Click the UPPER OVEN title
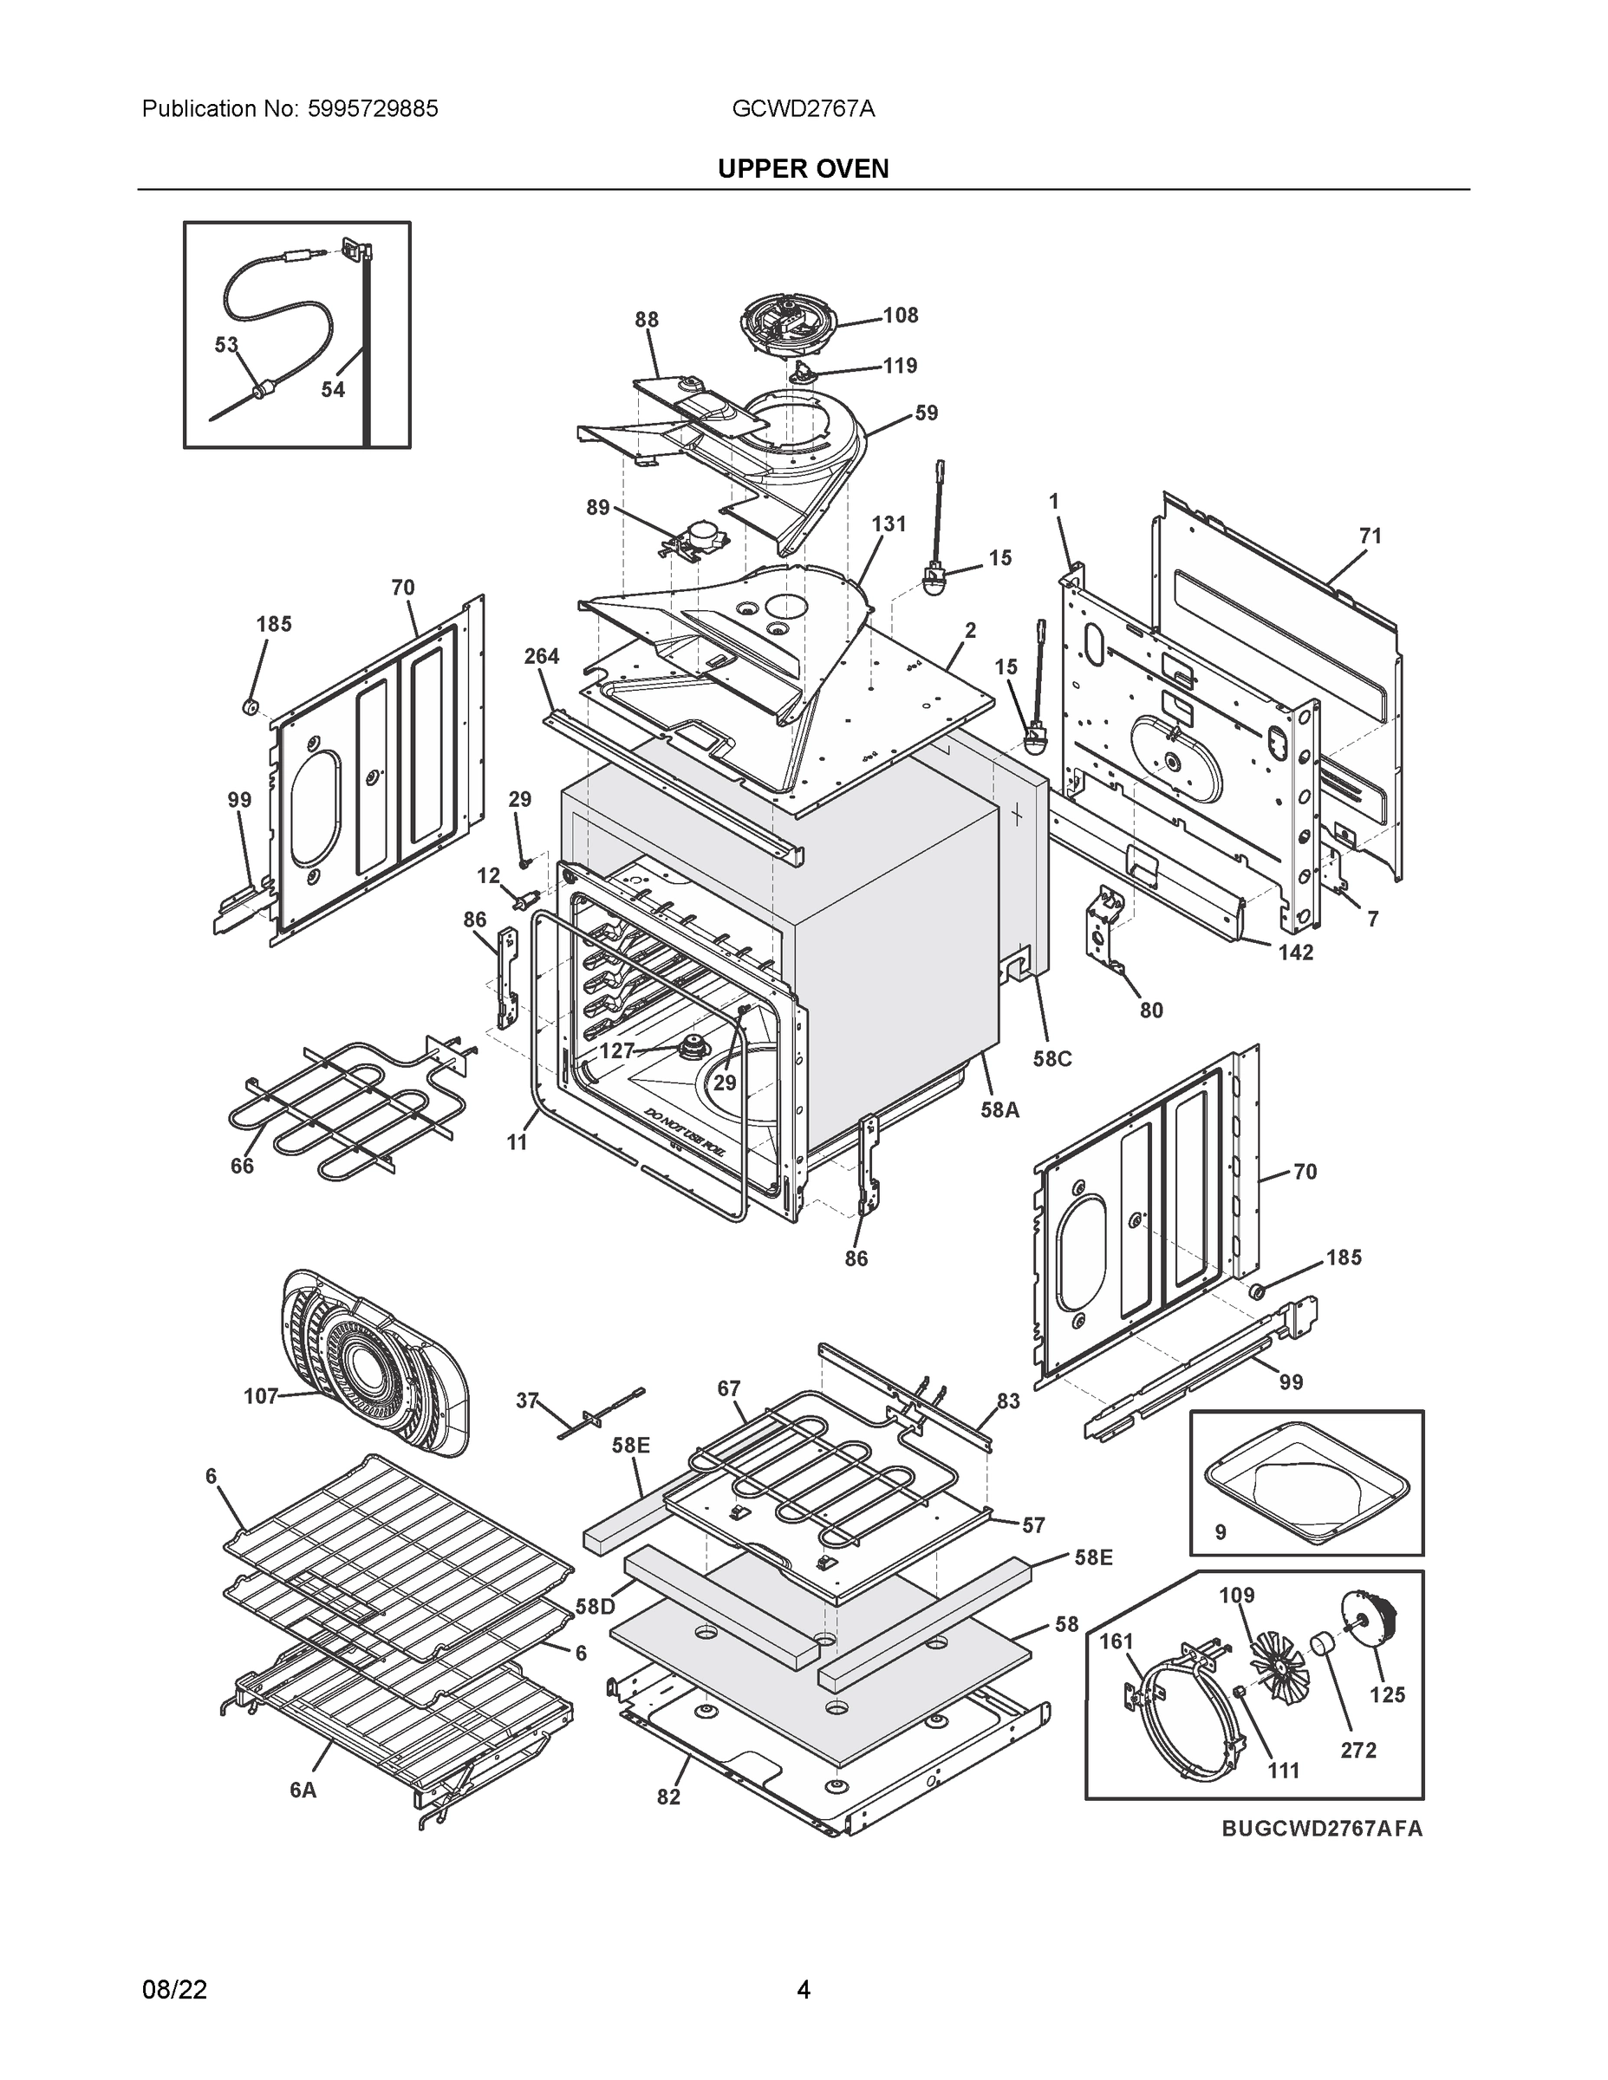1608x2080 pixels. click(803, 169)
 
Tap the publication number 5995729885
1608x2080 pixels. click(373, 108)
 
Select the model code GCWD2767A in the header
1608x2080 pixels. click(803, 108)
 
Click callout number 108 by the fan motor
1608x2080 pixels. click(900, 315)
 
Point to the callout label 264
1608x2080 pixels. click(541, 656)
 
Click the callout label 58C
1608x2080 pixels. click(1051, 1059)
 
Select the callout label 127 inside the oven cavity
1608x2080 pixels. click(616, 1050)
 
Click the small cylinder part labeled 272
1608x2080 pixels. click(1319, 1645)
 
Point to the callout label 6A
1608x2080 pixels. click(303, 1791)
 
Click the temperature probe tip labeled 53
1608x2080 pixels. click(260, 388)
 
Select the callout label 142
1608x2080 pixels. click(1296, 952)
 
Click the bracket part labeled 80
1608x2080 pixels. click(1106, 933)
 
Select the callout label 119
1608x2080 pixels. click(900, 366)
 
